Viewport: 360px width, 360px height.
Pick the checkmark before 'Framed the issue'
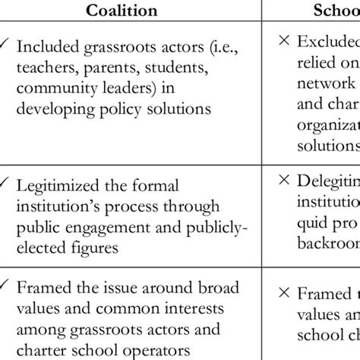click(7, 287)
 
